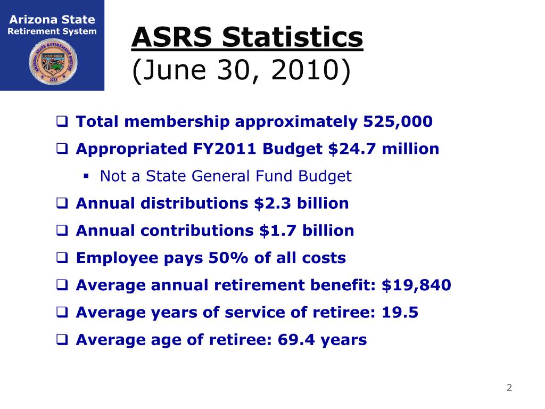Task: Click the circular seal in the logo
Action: point(52,61)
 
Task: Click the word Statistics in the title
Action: point(293,38)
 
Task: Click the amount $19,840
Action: point(416,285)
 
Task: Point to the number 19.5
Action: point(400,313)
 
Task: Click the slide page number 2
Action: point(509,388)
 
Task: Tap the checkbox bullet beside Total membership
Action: point(62,122)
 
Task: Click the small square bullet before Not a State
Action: point(86,176)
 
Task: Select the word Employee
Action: point(111,258)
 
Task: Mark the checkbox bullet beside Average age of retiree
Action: point(62,340)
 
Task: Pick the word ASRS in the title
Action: point(171,38)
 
